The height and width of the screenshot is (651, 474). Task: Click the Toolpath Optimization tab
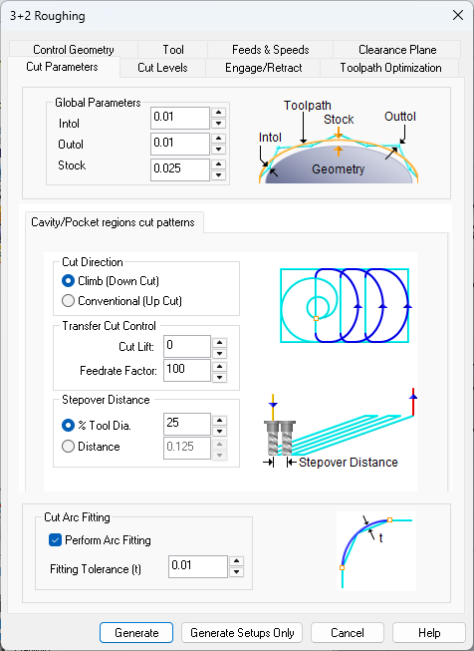[x=390, y=68]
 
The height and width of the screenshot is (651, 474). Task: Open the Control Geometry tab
[x=73, y=50]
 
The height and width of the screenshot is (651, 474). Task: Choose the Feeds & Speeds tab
[x=271, y=50]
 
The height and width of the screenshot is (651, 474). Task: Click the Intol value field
[x=180, y=117]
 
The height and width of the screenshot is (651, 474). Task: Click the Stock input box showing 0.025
[x=180, y=168]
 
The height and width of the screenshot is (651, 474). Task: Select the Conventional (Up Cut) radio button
[x=69, y=300]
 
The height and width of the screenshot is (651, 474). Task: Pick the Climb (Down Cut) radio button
[x=69, y=281]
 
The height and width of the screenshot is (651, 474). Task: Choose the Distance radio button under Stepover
[x=69, y=447]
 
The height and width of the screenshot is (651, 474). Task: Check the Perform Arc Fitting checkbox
[x=56, y=540]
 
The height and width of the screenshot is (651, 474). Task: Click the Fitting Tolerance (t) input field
[x=198, y=566]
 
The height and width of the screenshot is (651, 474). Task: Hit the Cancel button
[x=348, y=633]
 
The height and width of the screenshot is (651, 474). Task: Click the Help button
[x=429, y=633]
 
